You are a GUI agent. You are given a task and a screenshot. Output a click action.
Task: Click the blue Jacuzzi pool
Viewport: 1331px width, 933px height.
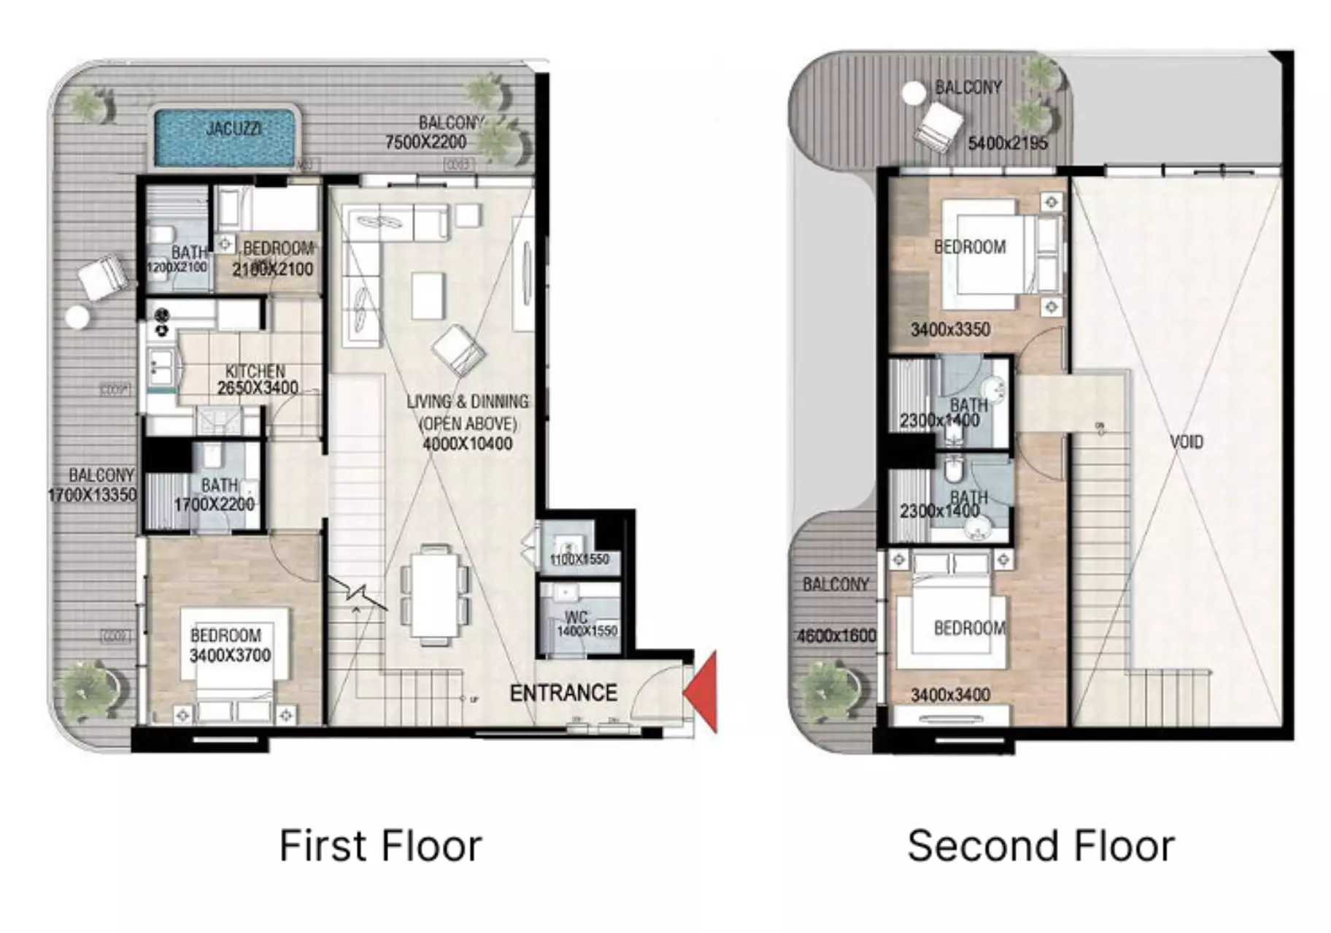point(225,137)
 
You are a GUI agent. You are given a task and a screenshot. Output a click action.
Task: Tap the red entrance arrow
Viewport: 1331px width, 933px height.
point(703,691)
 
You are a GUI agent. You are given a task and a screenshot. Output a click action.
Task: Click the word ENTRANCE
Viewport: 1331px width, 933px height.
point(563,693)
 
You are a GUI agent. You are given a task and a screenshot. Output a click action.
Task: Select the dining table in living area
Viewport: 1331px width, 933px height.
point(435,594)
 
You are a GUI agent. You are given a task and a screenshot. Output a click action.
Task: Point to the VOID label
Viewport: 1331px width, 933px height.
point(1186,442)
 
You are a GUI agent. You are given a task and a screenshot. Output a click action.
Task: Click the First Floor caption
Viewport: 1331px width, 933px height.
point(380,846)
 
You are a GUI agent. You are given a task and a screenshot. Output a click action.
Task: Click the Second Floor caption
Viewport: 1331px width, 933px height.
point(1041,846)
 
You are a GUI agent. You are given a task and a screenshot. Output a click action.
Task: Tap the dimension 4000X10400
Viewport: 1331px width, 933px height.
point(467,444)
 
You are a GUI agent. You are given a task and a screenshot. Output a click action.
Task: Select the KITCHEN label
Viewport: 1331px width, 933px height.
point(255,371)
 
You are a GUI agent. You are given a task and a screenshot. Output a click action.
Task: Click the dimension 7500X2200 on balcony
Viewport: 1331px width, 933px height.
point(425,142)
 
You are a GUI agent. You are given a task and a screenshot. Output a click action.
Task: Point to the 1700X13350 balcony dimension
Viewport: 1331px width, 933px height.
point(92,495)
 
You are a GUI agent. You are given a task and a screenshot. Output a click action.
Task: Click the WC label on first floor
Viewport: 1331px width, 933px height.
point(576,617)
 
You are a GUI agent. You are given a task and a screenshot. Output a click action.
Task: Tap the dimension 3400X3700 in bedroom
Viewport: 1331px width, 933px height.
point(230,656)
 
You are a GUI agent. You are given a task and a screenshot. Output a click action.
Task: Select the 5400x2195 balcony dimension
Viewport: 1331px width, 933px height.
point(1007,143)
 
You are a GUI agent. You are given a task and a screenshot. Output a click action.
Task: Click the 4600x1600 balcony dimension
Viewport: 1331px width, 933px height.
point(836,636)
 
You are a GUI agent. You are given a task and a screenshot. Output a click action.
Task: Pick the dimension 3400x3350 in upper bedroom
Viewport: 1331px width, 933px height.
point(950,330)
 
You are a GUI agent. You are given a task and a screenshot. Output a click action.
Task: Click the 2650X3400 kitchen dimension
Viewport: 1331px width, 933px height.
point(258,388)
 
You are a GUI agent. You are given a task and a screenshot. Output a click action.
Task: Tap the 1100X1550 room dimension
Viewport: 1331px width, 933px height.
point(579,560)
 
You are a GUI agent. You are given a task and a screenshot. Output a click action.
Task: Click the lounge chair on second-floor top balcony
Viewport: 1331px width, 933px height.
point(938,128)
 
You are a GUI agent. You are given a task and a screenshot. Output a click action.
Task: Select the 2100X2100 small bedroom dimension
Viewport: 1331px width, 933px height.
point(272,269)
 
